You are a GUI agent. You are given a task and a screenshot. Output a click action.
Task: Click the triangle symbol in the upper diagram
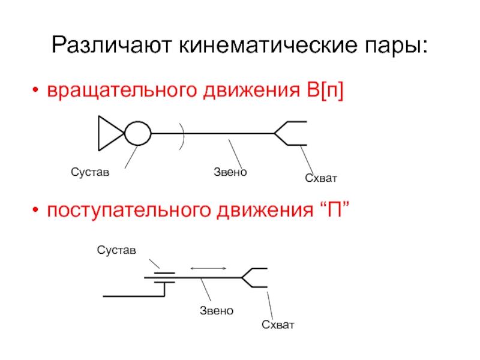tap(109, 133)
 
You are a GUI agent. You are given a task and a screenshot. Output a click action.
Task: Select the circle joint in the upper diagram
tap(138, 133)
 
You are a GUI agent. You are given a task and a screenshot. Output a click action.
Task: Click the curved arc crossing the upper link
tap(184, 133)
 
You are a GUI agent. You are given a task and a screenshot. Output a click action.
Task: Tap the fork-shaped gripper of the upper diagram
tap(290, 133)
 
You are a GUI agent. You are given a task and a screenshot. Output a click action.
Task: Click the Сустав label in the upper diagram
tap(91, 173)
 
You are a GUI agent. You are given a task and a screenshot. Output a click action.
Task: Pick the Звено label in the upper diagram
tap(230, 172)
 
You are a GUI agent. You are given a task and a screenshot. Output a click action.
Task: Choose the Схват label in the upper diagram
tap(321, 178)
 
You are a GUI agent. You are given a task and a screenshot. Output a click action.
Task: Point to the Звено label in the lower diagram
tap(216, 310)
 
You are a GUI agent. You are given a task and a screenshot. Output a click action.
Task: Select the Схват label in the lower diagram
tap(278, 325)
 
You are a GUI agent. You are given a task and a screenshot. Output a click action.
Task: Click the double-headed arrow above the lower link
tap(208, 268)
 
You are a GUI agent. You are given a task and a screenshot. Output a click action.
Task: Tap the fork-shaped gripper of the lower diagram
tap(254, 277)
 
